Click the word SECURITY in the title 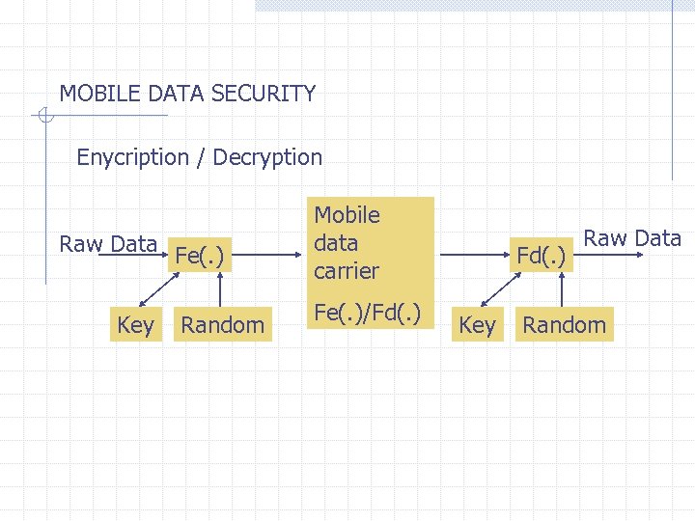(x=264, y=94)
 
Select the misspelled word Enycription (x=132, y=157)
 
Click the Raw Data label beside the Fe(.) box (x=108, y=244)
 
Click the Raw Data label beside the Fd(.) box (x=633, y=238)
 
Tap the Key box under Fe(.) (x=135, y=326)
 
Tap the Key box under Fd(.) (x=477, y=326)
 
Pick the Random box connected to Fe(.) (x=222, y=326)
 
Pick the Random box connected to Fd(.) (x=565, y=326)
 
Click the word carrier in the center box (x=346, y=271)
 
